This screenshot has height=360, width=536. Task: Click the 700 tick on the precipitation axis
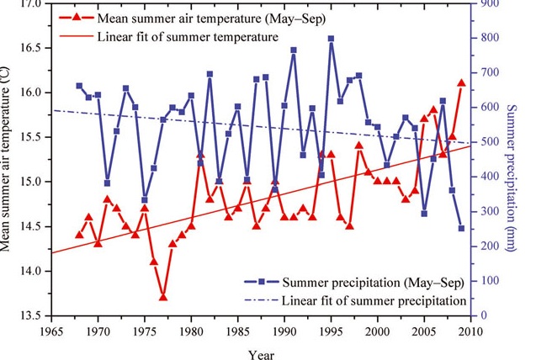coord(487,72)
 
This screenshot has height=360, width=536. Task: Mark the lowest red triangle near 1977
coord(163,297)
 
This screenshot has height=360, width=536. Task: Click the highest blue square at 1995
coord(331,39)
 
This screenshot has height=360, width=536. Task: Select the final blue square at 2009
coord(461,228)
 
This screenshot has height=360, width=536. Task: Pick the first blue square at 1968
coord(79,86)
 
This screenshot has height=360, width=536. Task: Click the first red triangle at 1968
coord(79,235)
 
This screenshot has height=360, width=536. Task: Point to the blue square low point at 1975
coord(145,200)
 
